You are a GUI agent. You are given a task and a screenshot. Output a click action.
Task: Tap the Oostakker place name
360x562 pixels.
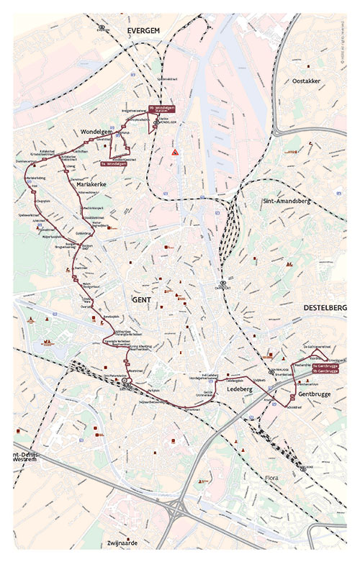point(306,81)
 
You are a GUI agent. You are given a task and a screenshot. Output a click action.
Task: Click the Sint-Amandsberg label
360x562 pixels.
point(286,201)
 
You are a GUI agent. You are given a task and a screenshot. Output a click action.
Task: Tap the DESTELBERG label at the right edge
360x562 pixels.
point(325,307)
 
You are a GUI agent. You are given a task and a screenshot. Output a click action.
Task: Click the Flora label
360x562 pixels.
point(271,477)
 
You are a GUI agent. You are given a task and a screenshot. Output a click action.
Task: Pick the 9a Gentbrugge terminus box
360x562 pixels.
point(325,366)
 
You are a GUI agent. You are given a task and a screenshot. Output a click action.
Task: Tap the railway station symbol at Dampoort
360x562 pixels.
point(223,284)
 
